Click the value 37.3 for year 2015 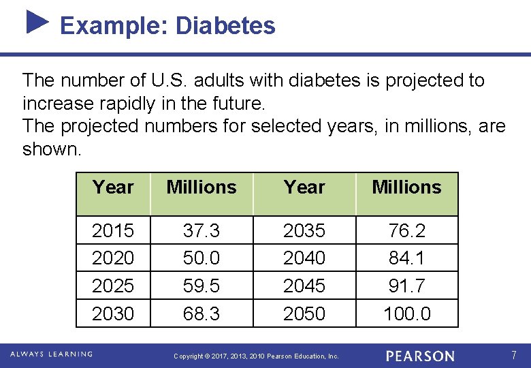(x=202, y=231)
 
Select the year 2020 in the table (x=113, y=258)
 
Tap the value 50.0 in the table (x=202, y=258)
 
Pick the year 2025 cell (x=113, y=286)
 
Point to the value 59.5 (x=202, y=286)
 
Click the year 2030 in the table (x=113, y=313)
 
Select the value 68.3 (x=202, y=313)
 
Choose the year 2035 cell (x=304, y=231)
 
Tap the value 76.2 (x=406, y=231)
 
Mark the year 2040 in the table (x=304, y=258)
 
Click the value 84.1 (x=406, y=258)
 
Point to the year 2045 (x=304, y=286)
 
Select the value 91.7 (x=406, y=286)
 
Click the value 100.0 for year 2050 (x=406, y=313)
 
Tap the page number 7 (x=514, y=355)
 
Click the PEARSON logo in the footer (x=420, y=356)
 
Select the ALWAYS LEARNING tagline (x=51, y=354)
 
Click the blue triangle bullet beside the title (x=37, y=22)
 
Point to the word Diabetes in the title (x=225, y=26)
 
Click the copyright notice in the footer (x=256, y=356)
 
